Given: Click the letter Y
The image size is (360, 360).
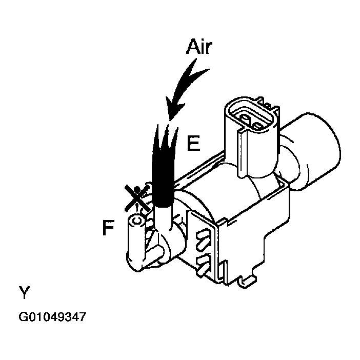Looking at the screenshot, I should point(24,293).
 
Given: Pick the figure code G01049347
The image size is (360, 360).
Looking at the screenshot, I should point(52,317).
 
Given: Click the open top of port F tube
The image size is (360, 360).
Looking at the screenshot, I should point(136,221).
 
